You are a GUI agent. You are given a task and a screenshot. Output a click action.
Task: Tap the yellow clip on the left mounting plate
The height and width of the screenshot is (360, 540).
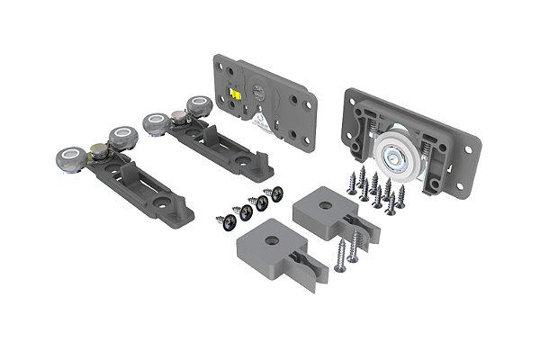[236, 93]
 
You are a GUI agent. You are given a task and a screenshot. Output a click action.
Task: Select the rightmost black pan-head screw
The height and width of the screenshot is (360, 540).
[275, 193]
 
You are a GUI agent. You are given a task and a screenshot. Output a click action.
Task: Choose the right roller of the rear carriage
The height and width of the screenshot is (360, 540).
[197, 103]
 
